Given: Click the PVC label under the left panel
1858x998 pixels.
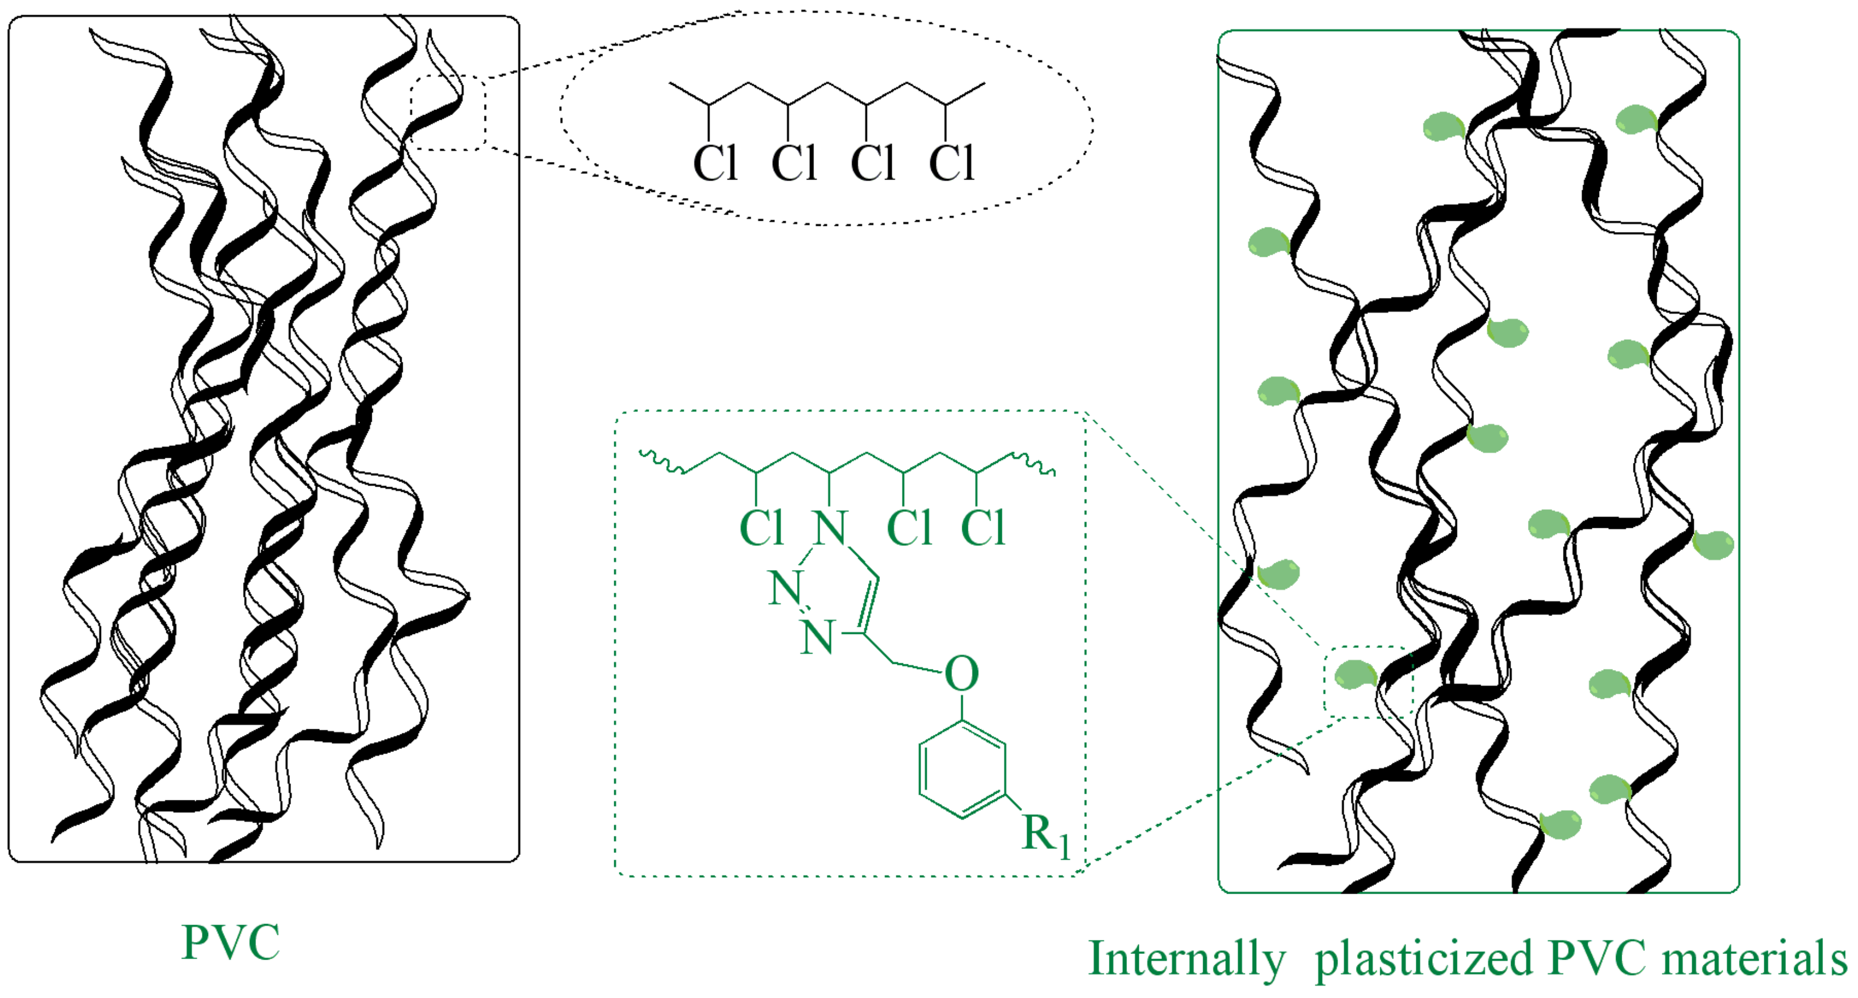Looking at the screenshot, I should [x=231, y=943].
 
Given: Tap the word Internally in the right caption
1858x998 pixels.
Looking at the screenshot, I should [x=1187, y=960].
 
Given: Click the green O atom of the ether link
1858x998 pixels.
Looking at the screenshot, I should [x=962, y=674].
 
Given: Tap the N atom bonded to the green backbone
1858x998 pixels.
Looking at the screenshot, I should [x=830, y=528].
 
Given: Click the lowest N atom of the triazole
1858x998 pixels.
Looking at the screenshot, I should [x=817, y=638].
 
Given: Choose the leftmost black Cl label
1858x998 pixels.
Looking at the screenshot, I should [x=715, y=163].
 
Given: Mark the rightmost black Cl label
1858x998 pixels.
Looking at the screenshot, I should [x=952, y=163].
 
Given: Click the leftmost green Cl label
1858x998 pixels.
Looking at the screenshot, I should [x=761, y=528].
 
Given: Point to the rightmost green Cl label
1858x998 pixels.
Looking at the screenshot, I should [x=983, y=528].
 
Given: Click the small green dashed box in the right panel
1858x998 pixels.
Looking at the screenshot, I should [x=1368, y=682].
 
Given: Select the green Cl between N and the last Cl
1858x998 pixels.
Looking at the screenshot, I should [x=909, y=528].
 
